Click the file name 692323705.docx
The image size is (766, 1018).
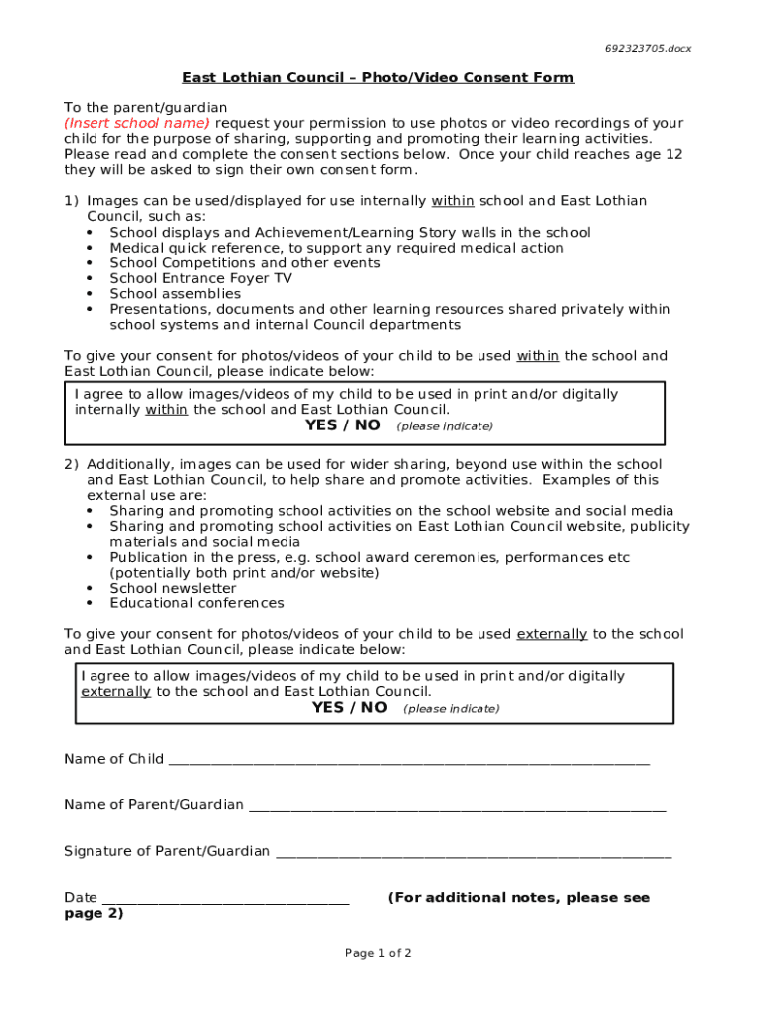648,48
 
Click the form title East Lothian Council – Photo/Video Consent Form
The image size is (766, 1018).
377,78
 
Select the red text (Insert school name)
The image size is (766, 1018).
136,123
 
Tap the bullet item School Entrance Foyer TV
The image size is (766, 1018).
200,278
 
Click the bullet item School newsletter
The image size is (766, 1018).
172,588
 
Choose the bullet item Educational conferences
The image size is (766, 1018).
196,603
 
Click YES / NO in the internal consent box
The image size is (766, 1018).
342,425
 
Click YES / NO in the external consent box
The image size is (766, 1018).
349,708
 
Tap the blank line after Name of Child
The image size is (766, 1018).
408,761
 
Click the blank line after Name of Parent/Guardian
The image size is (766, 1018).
457,806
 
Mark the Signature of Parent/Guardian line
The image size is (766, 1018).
473,853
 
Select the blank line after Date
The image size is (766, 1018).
226,900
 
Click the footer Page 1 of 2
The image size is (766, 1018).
378,954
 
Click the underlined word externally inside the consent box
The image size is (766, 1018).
115,692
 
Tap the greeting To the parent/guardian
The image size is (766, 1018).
145,107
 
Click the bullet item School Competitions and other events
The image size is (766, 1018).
245,263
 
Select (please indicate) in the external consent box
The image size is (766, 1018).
451,709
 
